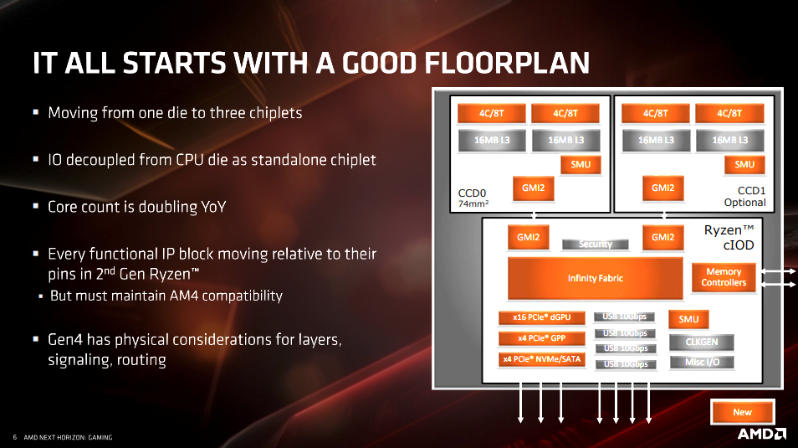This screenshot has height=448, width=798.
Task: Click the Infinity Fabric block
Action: [x=596, y=278]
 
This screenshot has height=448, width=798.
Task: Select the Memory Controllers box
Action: [x=724, y=277]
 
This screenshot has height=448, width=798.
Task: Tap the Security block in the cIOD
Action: [x=595, y=245]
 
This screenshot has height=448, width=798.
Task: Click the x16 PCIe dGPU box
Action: [x=541, y=317]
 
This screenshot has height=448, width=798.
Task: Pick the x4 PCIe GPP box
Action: [x=541, y=338]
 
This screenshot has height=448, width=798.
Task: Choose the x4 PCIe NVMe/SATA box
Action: [x=541, y=359]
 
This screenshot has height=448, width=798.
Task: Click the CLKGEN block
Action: [x=701, y=342]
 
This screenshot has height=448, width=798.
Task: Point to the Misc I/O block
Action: [x=702, y=363]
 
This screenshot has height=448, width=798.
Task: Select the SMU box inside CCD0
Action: [x=581, y=165]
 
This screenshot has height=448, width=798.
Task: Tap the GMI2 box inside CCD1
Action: [x=662, y=188]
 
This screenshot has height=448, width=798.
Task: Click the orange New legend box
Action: [x=743, y=412]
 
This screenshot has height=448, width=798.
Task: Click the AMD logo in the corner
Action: [x=762, y=435]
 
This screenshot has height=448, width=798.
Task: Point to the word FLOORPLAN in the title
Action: [x=507, y=63]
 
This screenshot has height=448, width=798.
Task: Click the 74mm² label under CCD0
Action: [x=473, y=203]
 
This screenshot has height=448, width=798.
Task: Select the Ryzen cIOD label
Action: [x=729, y=238]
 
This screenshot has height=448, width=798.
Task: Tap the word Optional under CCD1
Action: [x=744, y=203]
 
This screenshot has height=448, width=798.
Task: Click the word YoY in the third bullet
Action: [x=213, y=207]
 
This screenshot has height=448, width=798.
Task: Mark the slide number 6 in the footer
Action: [x=15, y=437]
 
